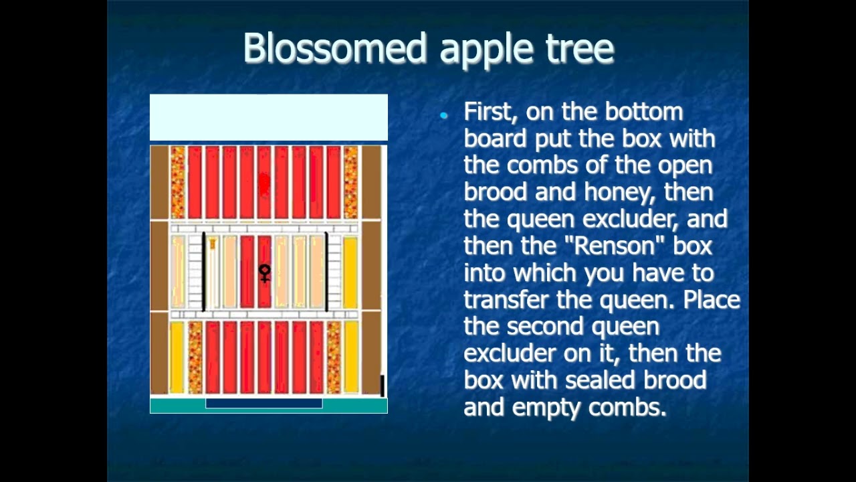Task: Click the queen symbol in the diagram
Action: click(265, 272)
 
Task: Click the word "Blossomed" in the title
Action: click(334, 48)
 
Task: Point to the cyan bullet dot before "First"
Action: click(444, 116)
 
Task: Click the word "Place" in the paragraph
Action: click(711, 299)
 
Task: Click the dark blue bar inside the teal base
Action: click(263, 403)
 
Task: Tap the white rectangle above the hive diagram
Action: click(268, 117)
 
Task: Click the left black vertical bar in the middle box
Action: click(203, 271)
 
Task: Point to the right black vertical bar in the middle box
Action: click(326, 271)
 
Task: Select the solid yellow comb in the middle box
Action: click(350, 271)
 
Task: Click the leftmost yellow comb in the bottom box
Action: click(177, 357)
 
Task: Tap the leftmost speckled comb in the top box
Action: click(178, 182)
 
